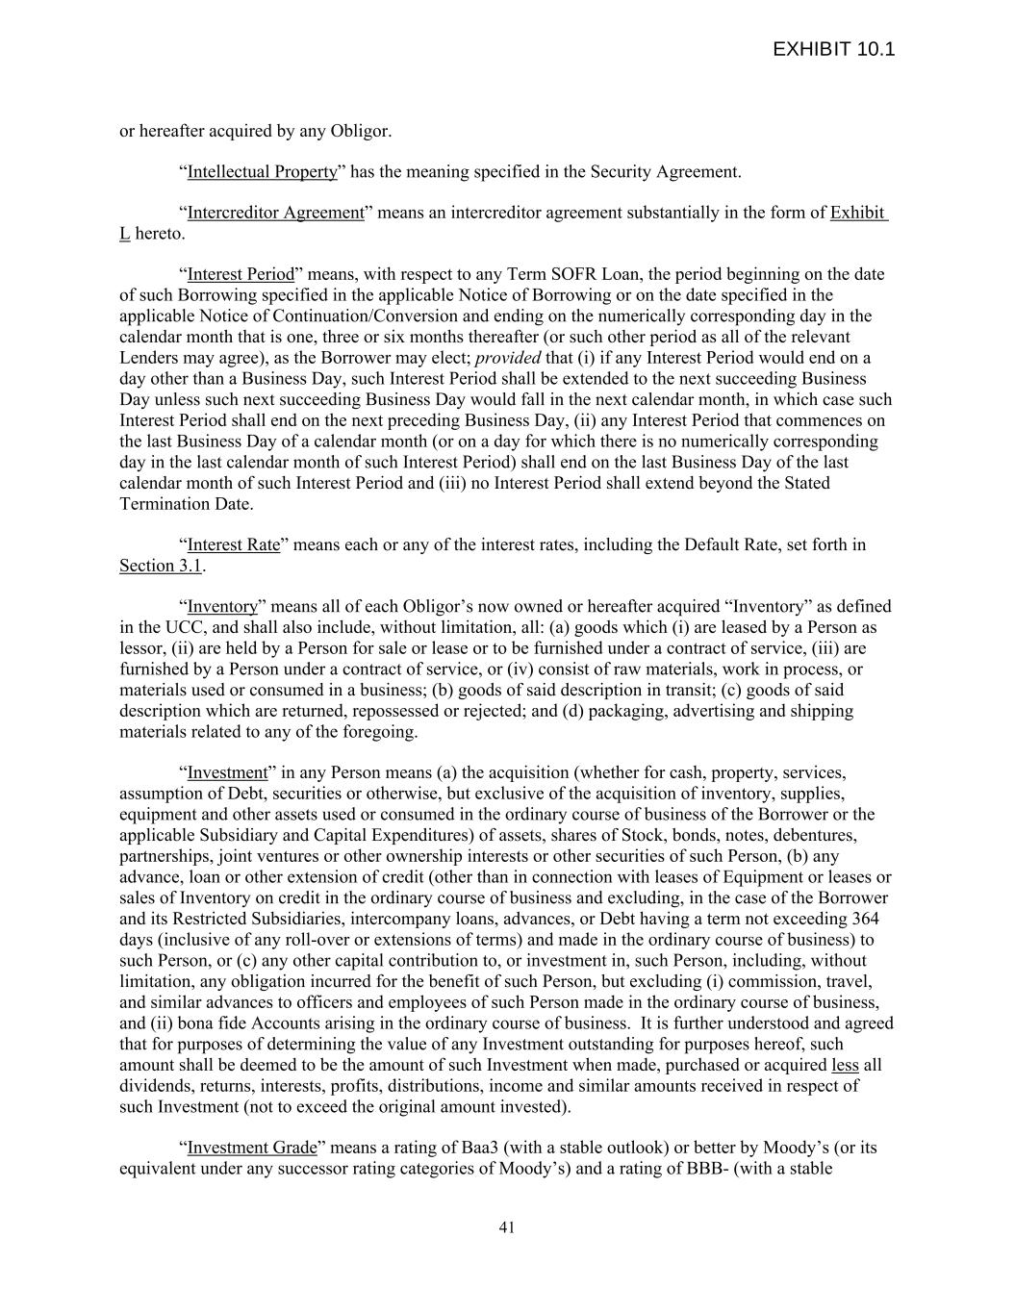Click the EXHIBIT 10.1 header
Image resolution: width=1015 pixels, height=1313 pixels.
coord(833,49)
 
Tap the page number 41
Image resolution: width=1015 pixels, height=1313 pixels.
coord(507,1227)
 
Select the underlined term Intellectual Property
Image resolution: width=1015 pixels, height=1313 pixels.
coord(262,172)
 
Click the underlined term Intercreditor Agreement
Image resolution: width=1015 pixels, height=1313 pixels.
coord(275,213)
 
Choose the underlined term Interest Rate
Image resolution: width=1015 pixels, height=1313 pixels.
coord(234,545)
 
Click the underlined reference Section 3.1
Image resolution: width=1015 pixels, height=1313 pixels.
coord(161,567)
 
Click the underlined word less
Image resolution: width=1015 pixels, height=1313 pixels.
coord(844,1065)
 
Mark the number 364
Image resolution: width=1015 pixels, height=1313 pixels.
coord(865,919)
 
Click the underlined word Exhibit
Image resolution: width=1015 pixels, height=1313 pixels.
coord(857,213)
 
